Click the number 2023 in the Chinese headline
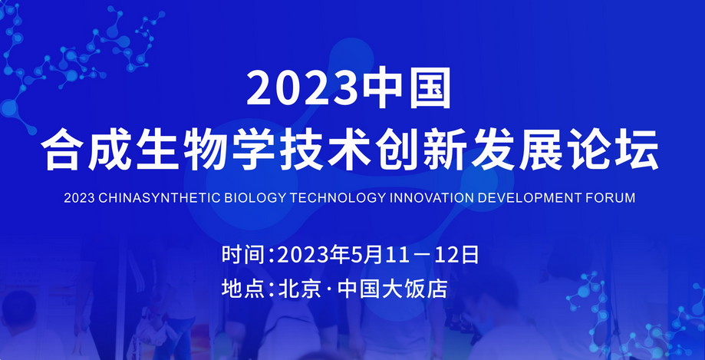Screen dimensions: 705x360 point(305,88)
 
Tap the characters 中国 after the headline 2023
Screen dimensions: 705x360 point(408,88)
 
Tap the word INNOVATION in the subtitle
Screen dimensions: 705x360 point(430,198)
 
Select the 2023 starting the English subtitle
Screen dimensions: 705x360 point(79,198)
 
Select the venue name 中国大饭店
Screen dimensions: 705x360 point(393,289)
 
